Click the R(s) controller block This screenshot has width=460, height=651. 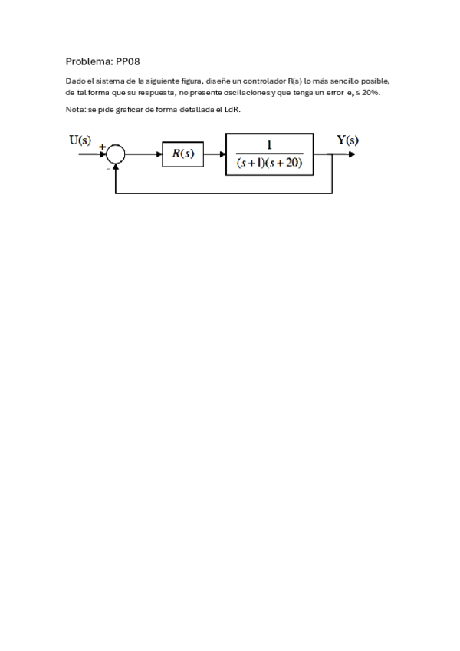[x=182, y=154]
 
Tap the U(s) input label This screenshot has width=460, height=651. [x=80, y=140]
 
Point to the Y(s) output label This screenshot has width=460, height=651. [x=347, y=140]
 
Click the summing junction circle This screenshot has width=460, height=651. [x=115, y=154]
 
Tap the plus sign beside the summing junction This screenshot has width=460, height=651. [x=102, y=145]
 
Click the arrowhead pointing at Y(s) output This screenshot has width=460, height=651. [x=350, y=154]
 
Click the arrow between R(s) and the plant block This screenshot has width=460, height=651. [x=214, y=154]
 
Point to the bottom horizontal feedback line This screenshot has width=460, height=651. [x=222, y=193]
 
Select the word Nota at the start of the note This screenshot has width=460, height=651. [x=75, y=110]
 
